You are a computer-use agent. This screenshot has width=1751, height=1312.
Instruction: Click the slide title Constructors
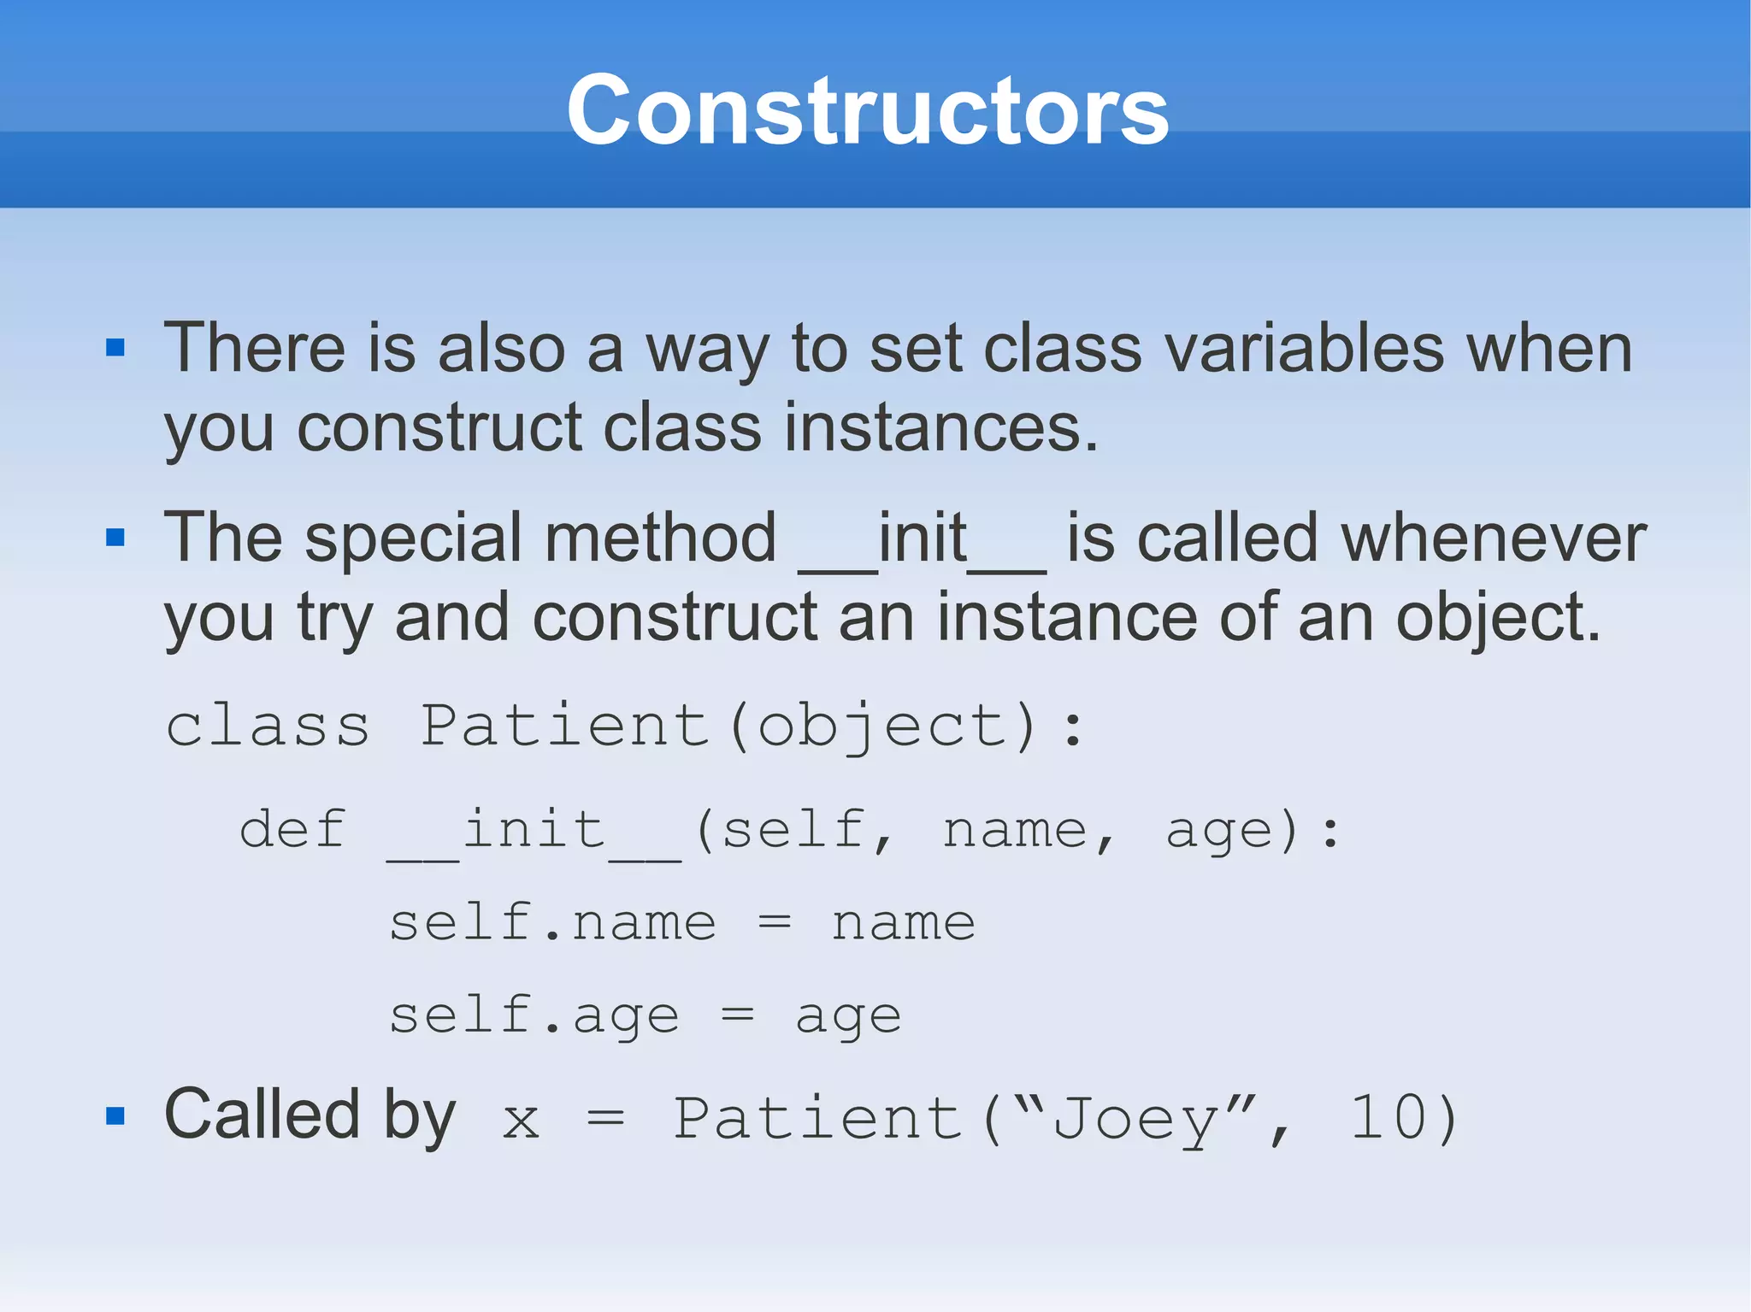[x=867, y=111]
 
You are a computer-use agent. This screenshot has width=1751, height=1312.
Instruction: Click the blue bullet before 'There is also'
[x=115, y=347]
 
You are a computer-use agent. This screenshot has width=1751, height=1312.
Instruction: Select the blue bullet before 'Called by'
[x=115, y=1115]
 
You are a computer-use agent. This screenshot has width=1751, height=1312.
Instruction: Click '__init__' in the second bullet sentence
[x=922, y=540]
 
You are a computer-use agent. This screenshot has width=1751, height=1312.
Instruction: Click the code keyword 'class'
[x=268, y=727]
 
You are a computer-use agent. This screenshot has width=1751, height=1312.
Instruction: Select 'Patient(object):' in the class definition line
[x=752, y=727]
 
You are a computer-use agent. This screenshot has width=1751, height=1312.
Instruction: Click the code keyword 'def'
[x=292, y=830]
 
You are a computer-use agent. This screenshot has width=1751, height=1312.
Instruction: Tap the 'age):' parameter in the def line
[x=1253, y=832]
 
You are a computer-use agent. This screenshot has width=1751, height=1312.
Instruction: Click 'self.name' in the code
[x=552, y=923]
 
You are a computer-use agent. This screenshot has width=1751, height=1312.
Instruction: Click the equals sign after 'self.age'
[x=737, y=1015]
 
